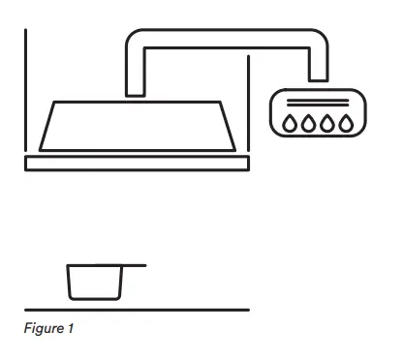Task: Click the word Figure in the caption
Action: point(44,329)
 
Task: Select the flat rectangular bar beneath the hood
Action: point(139,162)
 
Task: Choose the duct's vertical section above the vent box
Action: point(318,66)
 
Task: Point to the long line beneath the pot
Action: point(137,310)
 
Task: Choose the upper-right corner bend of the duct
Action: point(316,40)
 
